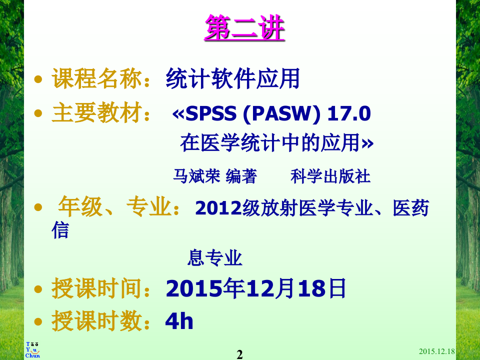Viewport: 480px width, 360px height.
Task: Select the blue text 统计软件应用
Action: pyautogui.click(x=232, y=79)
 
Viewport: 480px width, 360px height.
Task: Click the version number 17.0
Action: pyautogui.click(x=349, y=114)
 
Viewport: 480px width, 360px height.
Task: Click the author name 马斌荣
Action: pyautogui.click(x=196, y=176)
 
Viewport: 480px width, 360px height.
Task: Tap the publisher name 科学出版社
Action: pyautogui.click(x=330, y=176)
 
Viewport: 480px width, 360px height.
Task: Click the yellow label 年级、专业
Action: pyautogui.click(x=119, y=207)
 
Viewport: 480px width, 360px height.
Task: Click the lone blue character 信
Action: pyautogui.click(x=60, y=230)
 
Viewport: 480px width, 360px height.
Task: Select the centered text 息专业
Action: pyautogui.click(x=214, y=258)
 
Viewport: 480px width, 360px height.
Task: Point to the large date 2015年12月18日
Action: pyautogui.click(x=255, y=289)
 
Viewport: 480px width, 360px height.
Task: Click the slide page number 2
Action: pyautogui.click(x=239, y=354)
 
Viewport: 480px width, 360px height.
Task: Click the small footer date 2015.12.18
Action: pyautogui.click(x=436, y=352)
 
